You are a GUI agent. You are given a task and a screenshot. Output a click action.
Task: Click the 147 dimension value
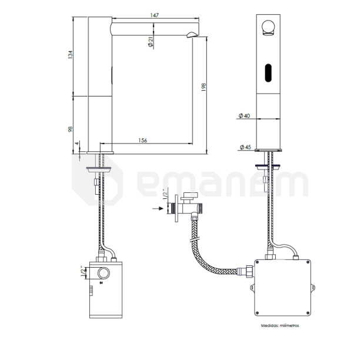[155, 15]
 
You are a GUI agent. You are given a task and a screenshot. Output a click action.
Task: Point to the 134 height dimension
[70, 54]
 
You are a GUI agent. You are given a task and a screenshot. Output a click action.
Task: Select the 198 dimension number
[203, 87]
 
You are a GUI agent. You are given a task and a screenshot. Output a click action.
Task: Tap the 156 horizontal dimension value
[143, 140]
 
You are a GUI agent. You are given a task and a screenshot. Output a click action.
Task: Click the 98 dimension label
[70, 129]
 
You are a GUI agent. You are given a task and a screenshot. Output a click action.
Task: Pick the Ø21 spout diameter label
[151, 42]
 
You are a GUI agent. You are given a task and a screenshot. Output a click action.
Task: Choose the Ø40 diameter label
[245, 115]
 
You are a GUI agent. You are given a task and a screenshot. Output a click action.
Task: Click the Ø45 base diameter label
[245, 147]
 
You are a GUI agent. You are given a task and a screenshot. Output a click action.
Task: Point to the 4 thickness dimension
[77, 144]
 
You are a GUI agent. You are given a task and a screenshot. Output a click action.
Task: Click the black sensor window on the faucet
[268, 73]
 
